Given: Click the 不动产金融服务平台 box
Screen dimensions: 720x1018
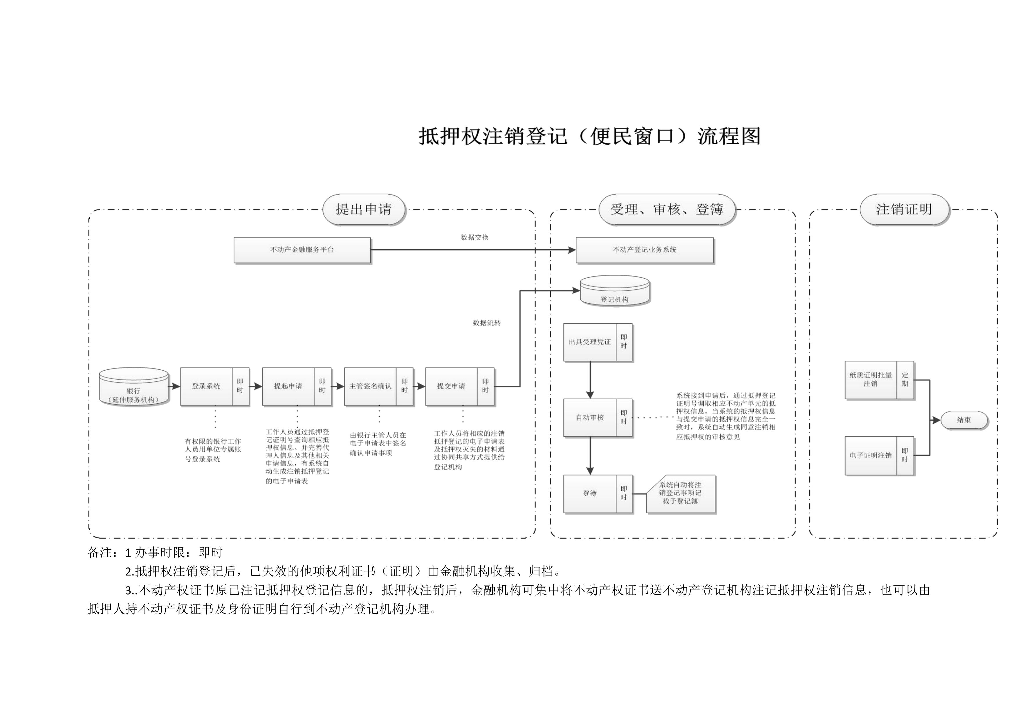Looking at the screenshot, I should click(302, 250).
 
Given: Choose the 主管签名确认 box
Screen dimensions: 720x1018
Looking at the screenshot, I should click(370, 387).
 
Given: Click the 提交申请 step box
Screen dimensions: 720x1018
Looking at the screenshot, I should click(451, 387).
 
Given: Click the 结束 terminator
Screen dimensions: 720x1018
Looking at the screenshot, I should click(964, 420).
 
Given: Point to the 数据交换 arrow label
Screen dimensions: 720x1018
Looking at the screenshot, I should click(474, 238).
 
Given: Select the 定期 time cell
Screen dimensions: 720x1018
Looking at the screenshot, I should click(905, 380).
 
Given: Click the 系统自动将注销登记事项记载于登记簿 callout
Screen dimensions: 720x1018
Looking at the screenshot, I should click(680, 493).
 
